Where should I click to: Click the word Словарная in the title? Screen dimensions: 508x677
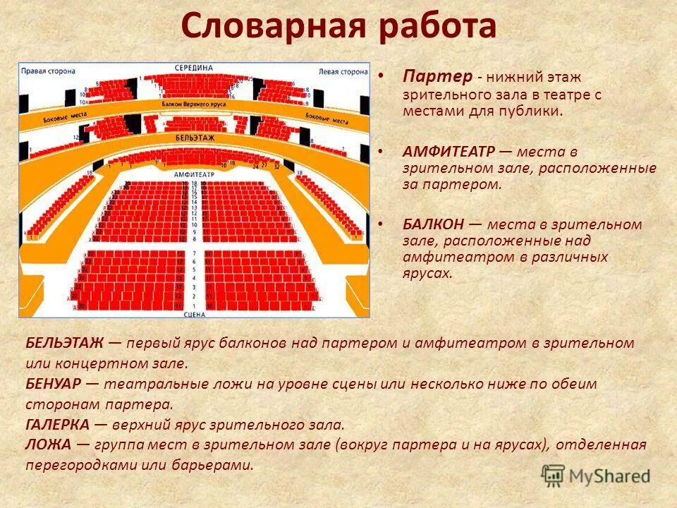pyautogui.click(x=272, y=27)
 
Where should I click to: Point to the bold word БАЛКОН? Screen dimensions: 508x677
pyautogui.click(x=434, y=224)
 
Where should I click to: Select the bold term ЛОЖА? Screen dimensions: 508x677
pyautogui.click(x=49, y=445)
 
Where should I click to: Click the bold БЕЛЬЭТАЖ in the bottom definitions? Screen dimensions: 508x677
pyautogui.click(x=65, y=344)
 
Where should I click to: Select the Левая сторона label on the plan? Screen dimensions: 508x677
pyautogui.click(x=343, y=71)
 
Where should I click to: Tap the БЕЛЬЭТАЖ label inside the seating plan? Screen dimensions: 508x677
pyautogui.click(x=192, y=138)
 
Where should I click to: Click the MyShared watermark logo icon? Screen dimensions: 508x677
pyautogui.click(x=554, y=476)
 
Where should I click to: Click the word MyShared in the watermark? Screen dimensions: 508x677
pyautogui.click(x=610, y=476)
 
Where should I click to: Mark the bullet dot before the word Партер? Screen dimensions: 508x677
pyautogui.click(x=382, y=74)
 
